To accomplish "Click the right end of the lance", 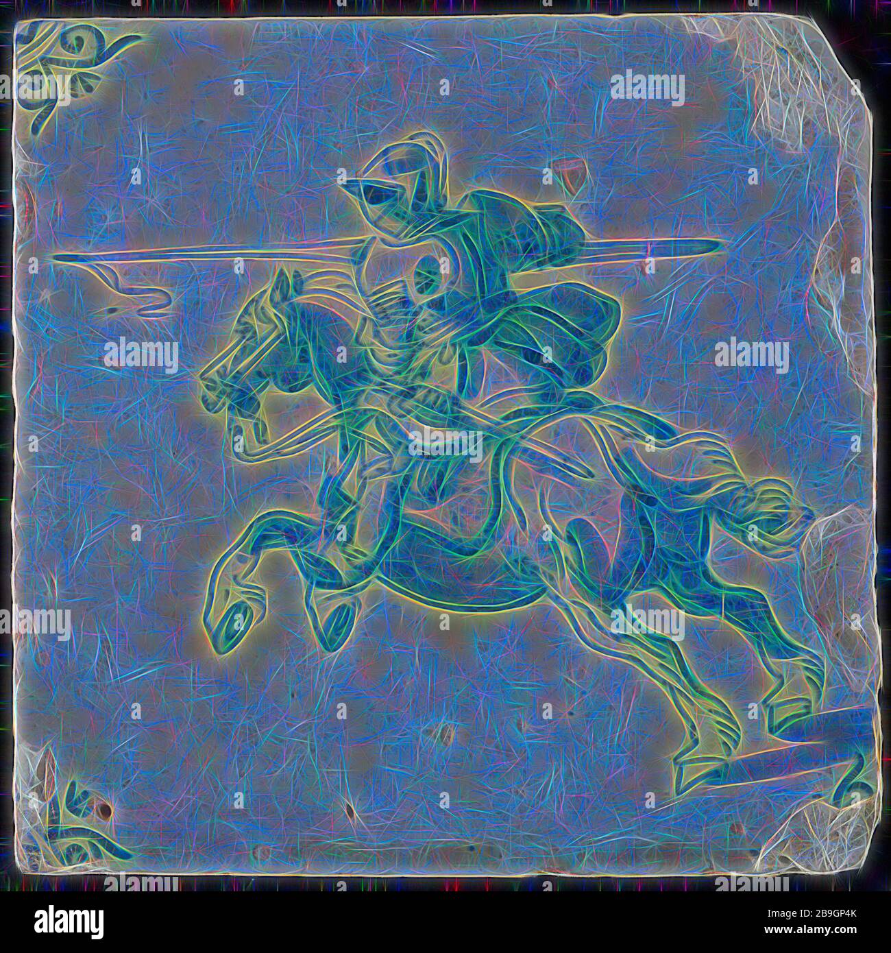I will click(720, 243).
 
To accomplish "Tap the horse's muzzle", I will click(209, 377).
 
